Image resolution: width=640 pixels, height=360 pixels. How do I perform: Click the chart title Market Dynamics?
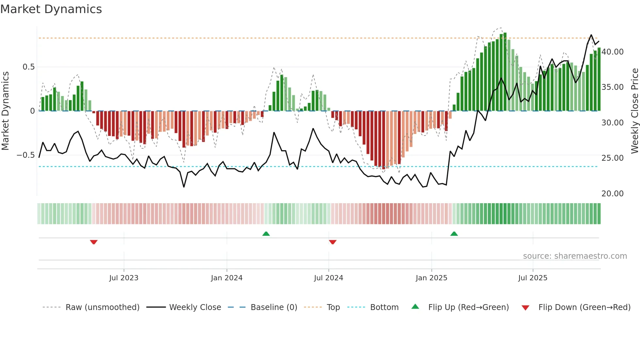(x=51, y=9)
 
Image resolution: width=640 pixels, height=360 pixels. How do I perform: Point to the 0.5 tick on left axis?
(x=28, y=67)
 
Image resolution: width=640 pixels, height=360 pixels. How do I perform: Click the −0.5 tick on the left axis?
(x=26, y=155)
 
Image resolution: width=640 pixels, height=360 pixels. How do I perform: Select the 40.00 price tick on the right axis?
(x=613, y=52)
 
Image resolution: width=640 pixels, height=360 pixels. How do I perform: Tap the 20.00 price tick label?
(x=613, y=194)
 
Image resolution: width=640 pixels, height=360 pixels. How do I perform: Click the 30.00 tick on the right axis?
(x=613, y=123)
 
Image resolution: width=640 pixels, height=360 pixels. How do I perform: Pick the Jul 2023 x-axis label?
(x=124, y=278)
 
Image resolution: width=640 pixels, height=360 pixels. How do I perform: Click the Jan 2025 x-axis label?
(x=431, y=278)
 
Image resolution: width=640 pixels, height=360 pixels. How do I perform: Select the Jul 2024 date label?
(x=328, y=278)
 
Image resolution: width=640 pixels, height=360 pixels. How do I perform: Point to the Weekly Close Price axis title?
(x=634, y=111)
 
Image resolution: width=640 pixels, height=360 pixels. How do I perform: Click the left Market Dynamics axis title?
(x=5, y=111)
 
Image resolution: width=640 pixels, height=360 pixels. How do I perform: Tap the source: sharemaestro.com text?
(x=575, y=256)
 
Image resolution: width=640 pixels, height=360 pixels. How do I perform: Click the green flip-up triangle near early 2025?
(x=454, y=234)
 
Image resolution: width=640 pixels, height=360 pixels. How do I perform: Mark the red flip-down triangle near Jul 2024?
(x=333, y=242)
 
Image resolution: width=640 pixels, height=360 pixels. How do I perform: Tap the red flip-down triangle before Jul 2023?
(x=94, y=242)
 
